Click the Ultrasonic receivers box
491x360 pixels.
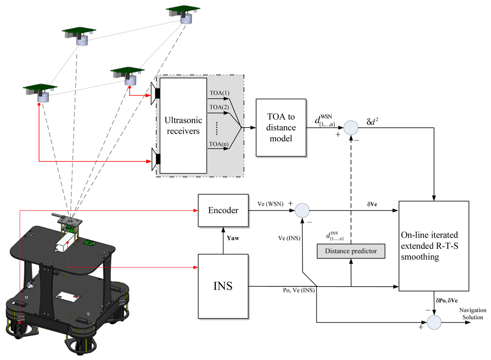tap(183, 125)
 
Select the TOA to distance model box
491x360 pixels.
tap(281, 128)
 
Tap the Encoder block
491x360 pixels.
tap(223, 210)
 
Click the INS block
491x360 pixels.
tap(223, 286)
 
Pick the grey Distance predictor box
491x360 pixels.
tap(351, 251)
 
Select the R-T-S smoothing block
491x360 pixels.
tap(433, 246)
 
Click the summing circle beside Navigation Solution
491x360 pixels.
tap(434, 322)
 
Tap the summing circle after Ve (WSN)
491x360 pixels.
tap(302, 210)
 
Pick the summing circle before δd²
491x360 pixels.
tap(351, 128)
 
